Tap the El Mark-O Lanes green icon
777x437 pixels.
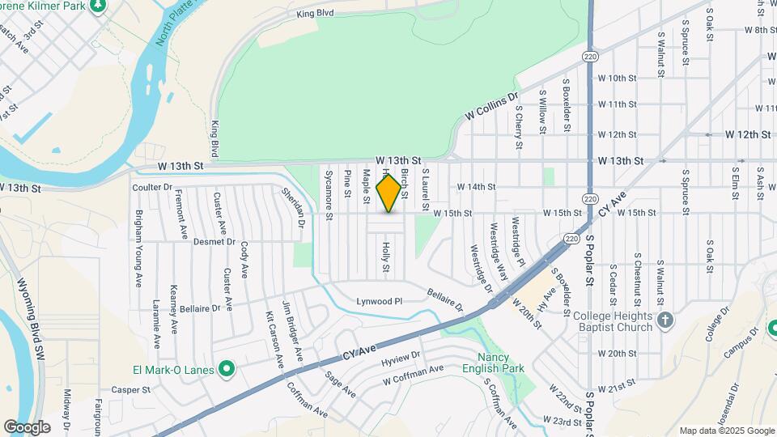click(227, 371)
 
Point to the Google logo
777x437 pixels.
click(27, 427)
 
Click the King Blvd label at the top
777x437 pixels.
click(316, 14)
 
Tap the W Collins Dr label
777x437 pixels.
click(491, 108)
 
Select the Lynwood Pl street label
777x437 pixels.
click(380, 301)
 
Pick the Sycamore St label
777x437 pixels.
click(329, 195)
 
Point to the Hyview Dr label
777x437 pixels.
click(401, 357)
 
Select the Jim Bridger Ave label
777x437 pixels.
click(292, 331)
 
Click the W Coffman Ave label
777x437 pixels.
click(414, 375)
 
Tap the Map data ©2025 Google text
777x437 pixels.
click(726, 431)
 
